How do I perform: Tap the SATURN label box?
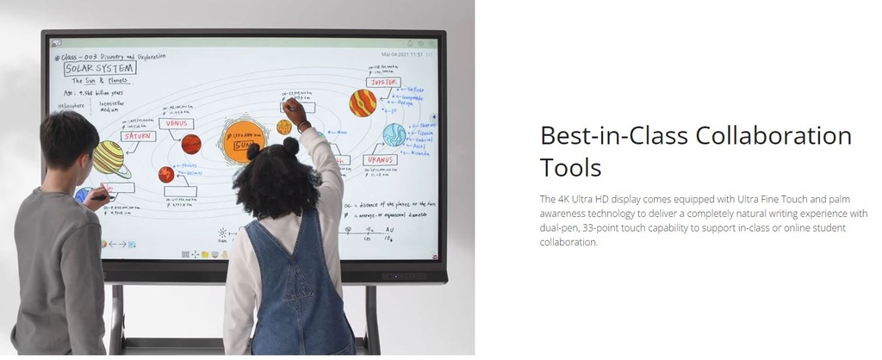(x=139, y=136)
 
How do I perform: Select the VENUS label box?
(x=176, y=123)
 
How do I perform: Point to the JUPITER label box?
(x=382, y=83)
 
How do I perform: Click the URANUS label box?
(x=380, y=159)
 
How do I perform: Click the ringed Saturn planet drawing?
(x=111, y=158)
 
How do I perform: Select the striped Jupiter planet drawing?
(x=363, y=103)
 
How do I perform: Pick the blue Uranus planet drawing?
(x=394, y=134)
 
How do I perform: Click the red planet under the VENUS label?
(x=190, y=144)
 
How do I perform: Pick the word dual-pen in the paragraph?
(x=558, y=227)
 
